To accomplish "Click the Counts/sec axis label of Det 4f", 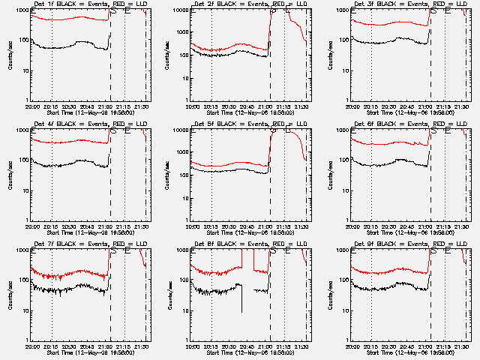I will coord(10,175).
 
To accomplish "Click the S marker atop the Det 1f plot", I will coord(113,11).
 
